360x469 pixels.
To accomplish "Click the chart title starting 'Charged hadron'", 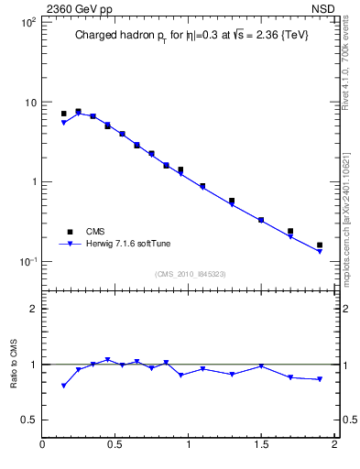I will point(191,36).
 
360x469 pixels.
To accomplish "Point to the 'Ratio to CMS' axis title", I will point(14,364).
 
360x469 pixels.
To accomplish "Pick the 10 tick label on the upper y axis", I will point(29,102).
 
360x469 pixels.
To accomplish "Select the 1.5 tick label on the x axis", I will point(261,446).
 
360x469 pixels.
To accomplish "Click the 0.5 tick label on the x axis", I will point(115,446).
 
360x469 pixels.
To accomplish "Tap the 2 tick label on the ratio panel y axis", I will point(34,309).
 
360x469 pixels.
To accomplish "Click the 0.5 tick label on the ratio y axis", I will point(28,420).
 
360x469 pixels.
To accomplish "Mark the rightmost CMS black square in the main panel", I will point(320,245).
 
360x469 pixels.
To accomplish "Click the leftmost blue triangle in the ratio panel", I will point(63,386).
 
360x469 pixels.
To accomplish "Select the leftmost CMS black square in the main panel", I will point(63,114).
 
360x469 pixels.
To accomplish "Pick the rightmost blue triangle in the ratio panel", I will point(320,379).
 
